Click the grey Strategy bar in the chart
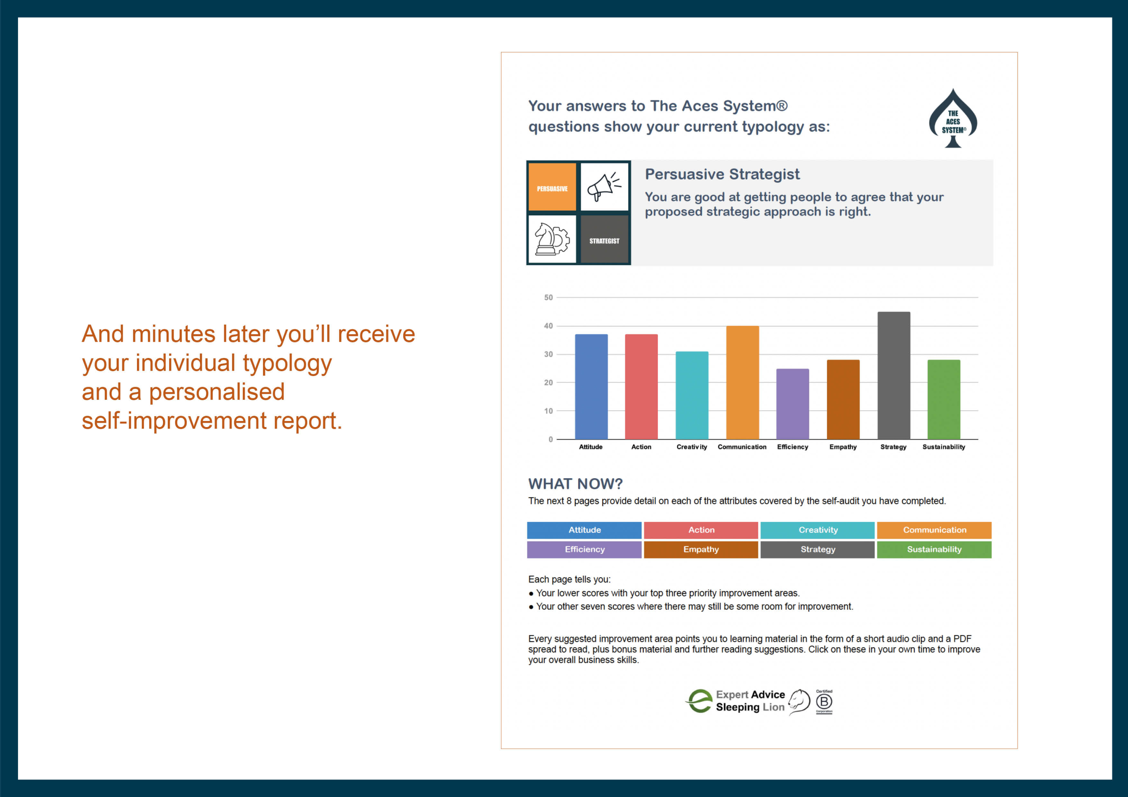point(894,375)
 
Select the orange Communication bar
point(742,383)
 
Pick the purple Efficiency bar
point(792,404)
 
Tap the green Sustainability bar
point(944,399)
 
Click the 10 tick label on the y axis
point(548,410)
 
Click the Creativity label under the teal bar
point(692,447)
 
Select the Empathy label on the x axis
point(843,447)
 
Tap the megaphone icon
point(604,187)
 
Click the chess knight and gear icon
point(552,239)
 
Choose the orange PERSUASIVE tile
point(552,187)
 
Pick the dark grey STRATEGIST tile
point(604,239)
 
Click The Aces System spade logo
point(953,118)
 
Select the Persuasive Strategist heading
point(722,174)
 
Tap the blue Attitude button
point(584,530)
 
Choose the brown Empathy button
point(701,550)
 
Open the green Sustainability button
point(934,550)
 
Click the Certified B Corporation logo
point(824,702)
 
